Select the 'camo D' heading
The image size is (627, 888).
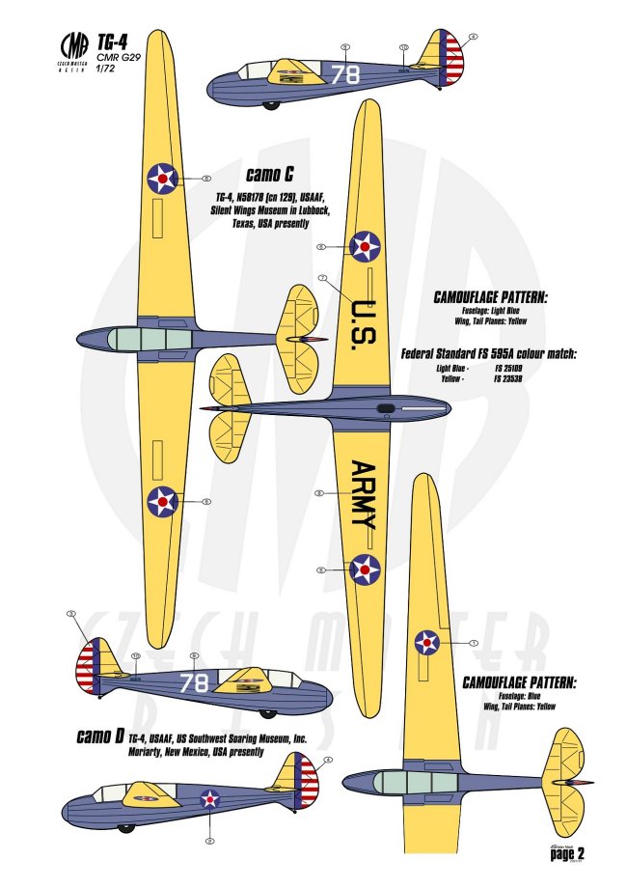tap(98, 737)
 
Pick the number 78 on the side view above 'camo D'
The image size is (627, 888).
tap(194, 682)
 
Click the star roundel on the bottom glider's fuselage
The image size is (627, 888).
tap(210, 798)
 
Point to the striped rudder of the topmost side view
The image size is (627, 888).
tap(452, 60)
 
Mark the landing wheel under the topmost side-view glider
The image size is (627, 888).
tap(272, 103)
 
